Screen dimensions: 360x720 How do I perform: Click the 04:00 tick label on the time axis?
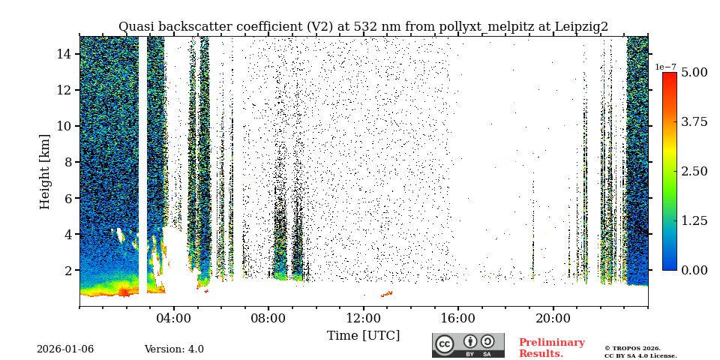(174, 318)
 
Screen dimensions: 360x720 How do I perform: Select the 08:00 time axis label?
(268, 318)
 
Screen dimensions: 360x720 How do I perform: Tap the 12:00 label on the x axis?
(363, 318)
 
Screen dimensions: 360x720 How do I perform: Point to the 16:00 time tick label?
(458, 318)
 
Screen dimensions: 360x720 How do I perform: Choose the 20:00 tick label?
(553, 318)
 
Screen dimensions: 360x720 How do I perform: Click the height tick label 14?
(64, 54)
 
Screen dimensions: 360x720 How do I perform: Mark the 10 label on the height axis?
(64, 126)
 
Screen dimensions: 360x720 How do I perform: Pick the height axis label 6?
(67, 198)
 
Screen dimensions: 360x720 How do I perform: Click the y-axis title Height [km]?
(45, 171)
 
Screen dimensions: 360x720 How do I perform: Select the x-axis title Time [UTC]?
(363, 335)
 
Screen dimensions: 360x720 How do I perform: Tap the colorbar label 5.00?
(694, 73)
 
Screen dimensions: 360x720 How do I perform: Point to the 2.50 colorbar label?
(694, 171)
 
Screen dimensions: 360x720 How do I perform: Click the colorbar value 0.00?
(694, 270)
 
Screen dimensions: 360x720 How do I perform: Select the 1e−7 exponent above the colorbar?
(665, 67)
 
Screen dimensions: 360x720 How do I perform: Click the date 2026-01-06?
(65, 349)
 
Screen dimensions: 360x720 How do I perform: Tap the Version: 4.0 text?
(174, 349)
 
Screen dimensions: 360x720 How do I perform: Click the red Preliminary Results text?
(551, 348)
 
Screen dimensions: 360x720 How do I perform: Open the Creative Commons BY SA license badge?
(468, 345)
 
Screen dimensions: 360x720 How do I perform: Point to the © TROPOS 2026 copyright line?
(632, 348)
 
